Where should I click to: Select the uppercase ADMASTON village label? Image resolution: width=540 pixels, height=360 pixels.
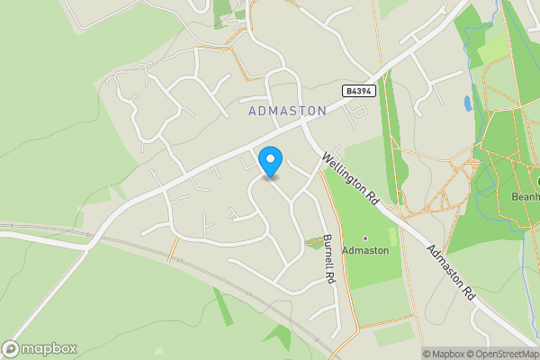(x=286, y=110)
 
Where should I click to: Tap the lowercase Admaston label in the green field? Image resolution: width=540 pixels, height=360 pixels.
(x=365, y=250)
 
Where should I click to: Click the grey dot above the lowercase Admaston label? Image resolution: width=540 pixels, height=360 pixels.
(x=365, y=238)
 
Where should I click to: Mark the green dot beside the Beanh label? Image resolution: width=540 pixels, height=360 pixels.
(x=537, y=184)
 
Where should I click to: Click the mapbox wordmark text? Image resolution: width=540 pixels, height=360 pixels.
(x=49, y=349)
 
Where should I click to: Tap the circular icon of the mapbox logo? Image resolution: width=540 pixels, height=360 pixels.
(x=11, y=349)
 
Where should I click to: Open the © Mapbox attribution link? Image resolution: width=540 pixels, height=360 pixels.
(x=443, y=354)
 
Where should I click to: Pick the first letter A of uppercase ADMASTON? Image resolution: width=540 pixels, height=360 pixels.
(x=250, y=110)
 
